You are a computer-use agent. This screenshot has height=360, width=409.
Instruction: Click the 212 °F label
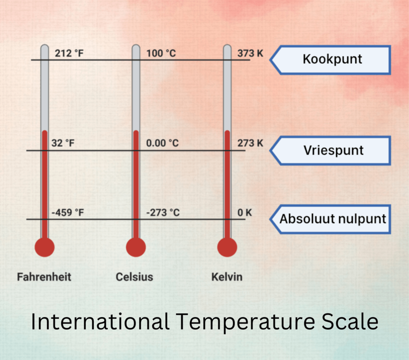pyautogui.click(x=69, y=53)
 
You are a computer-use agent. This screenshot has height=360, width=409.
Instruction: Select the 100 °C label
pyautogui.click(x=161, y=53)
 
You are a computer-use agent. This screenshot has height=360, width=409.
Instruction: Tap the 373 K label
pyautogui.click(x=250, y=53)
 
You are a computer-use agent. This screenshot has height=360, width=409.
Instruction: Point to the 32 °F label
pyautogui.click(x=63, y=143)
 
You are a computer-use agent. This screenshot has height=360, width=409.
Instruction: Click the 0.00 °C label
pyautogui.click(x=163, y=143)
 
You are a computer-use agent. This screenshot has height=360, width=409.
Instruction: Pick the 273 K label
pyautogui.click(x=250, y=143)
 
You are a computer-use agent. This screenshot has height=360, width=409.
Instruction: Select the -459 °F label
pyautogui.click(x=68, y=213)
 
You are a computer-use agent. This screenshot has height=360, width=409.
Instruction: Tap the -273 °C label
pyautogui.click(x=163, y=213)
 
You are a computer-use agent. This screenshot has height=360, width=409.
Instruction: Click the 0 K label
pyautogui.click(x=245, y=213)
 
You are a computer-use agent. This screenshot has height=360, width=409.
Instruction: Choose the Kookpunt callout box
pyautogui.click(x=332, y=59)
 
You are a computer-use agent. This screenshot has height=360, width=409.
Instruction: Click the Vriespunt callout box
pyautogui.click(x=332, y=150)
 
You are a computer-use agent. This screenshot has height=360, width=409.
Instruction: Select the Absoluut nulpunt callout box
pyautogui.click(x=332, y=219)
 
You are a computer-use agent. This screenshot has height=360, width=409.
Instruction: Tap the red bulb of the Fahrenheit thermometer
pyautogui.click(x=44, y=247)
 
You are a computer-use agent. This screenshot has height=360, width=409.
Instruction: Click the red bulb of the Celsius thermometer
pyautogui.click(x=136, y=247)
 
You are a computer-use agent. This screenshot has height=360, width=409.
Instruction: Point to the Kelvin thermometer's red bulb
pyautogui.click(x=227, y=247)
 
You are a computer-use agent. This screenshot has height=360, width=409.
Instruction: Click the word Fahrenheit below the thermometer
pyautogui.click(x=44, y=277)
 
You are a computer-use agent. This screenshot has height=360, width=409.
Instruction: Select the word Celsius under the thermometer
pyautogui.click(x=134, y=277)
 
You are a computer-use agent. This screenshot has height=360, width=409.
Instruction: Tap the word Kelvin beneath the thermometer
pyautogui.click(x=227, y=277)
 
